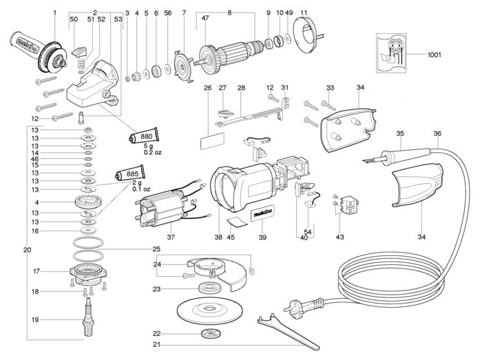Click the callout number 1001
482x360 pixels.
click(x=434, y=55)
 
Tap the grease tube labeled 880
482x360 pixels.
click(x=144, y=136)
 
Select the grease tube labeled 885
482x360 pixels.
click(x=130, y=173)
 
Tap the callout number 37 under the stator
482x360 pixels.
click(x=171, y=237)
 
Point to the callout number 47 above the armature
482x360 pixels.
click(x=205, y=18)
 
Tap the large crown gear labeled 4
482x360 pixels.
click(x=88, y=202)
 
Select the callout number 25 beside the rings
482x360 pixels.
click(x=156, y=248)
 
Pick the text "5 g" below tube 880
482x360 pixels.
click(x=148, y=146)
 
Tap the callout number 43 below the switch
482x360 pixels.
click(x=339, y=237)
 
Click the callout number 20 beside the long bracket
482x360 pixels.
click(x=27, y=250)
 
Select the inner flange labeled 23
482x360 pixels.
click(x=210, y=288)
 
